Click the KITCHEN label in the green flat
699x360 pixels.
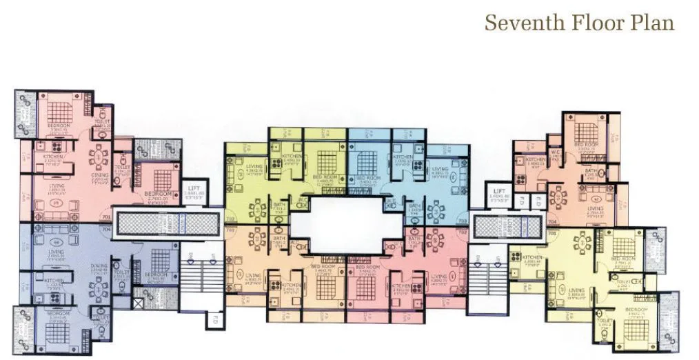point(290,157)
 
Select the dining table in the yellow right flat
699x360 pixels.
point(582,243)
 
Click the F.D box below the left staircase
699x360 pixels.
point(214,319)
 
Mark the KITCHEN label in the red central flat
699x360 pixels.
point(401,286)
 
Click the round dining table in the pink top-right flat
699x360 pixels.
point(560,197)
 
